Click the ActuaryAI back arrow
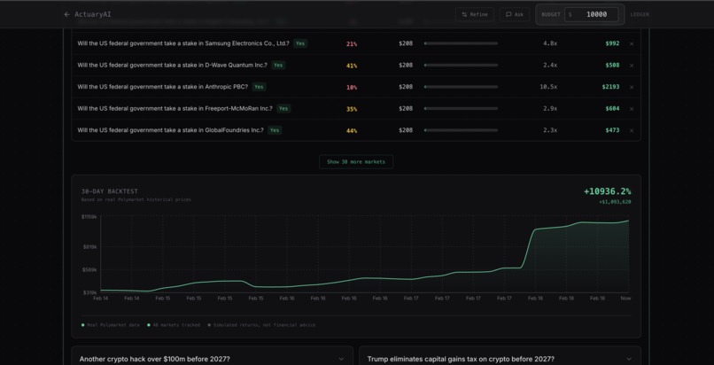tap(66, 14)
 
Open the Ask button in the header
tap(515, 14)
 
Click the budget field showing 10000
tap(596, 14)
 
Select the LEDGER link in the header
tap(640, 14)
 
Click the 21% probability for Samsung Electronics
tap(352, 43)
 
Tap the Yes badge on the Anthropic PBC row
tap(259, 87)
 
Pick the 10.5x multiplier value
tap(548, 87)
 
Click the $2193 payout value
tap(610, 87)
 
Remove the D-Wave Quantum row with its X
tap(632, 66)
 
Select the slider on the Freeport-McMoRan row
tap(461, 109)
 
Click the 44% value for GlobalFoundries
tap(352, 130)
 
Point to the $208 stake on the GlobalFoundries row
tap(406, 130)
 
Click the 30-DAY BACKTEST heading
tap(110, 191)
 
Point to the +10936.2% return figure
tap(607, 191)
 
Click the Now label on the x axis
tap(625, 299)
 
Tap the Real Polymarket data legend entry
tap(112, 325)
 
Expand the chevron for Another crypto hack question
tap(341, 359)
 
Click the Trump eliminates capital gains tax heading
tap(461, 359)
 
